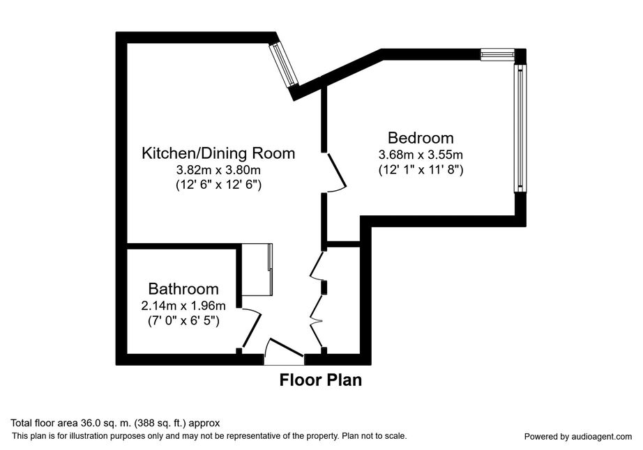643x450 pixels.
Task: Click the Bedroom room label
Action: (x=421, y=138)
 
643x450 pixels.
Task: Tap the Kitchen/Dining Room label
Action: (x=218, y=153)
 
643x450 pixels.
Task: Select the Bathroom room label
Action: (x=183, y=289)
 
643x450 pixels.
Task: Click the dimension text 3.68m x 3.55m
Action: (x=421, y=155)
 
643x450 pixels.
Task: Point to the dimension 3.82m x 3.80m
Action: (x=218, y=169)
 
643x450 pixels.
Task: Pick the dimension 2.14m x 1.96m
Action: (x=183, y=306)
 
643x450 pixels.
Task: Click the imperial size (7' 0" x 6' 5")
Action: (x=183, y=320)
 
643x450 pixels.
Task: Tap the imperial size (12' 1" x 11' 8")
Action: (x=421, y=169)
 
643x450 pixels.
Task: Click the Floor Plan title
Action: (x=321, y=380)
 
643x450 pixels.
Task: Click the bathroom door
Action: (x=251, y=330)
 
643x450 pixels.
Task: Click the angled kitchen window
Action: (x=283, y=64)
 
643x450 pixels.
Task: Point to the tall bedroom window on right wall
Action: (x=520, y=127)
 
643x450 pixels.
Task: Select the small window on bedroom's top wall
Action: (x=497, y=54)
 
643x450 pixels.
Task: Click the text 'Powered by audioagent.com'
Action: (x=578, y=437)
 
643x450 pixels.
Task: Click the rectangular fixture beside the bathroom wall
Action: (x=257, y=270)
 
